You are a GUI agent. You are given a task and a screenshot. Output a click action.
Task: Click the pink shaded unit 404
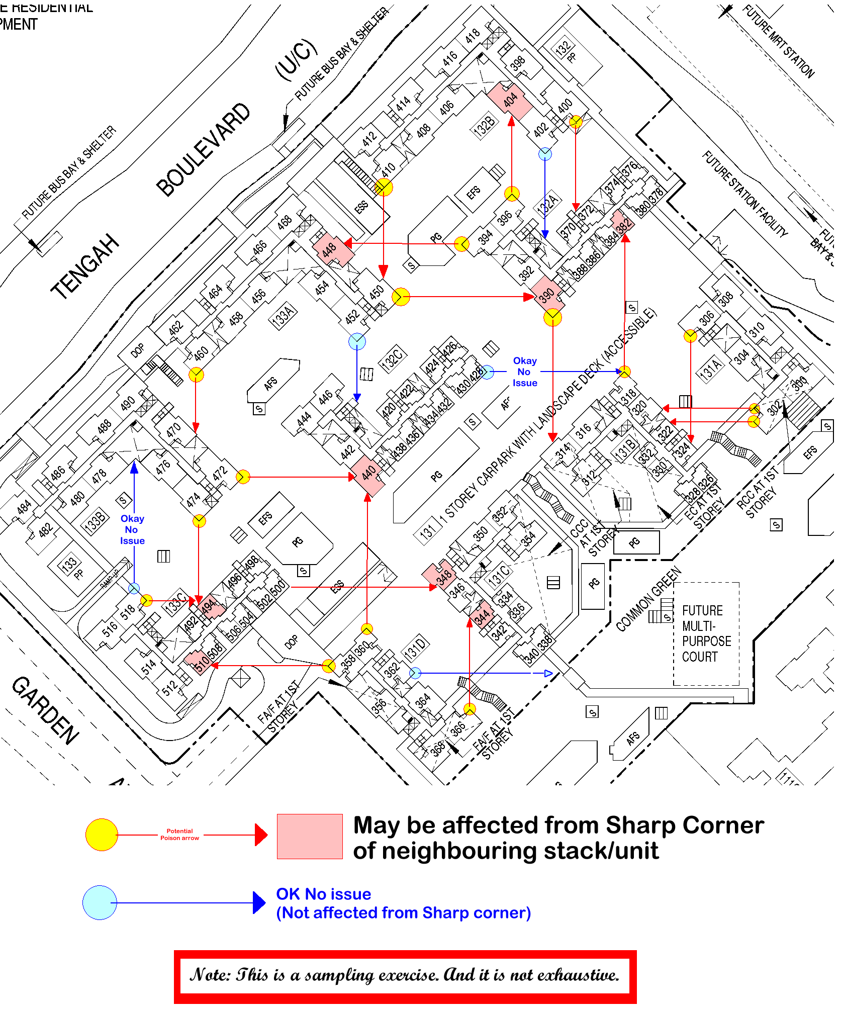(510, 100)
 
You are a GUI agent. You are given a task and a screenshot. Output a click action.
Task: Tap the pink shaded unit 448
(332, 249)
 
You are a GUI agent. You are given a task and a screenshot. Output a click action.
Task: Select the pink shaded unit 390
(547, 294)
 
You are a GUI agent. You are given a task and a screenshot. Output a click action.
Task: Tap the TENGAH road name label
(85, 266)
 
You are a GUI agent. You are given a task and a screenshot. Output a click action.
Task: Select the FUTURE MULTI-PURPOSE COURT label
(706, 633)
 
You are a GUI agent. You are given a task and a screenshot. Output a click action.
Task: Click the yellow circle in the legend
(102, 835)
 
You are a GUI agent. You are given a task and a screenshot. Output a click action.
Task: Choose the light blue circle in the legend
(100, 902)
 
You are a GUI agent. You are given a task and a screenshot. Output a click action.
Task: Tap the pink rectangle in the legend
(310, 837)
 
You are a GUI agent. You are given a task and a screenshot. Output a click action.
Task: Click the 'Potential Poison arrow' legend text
(179, 835)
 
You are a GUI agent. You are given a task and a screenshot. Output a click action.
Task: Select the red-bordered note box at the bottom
(405, 976)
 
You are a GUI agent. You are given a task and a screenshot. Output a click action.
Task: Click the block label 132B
(484, 126)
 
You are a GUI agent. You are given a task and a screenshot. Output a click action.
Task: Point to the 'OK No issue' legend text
(324, 894)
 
